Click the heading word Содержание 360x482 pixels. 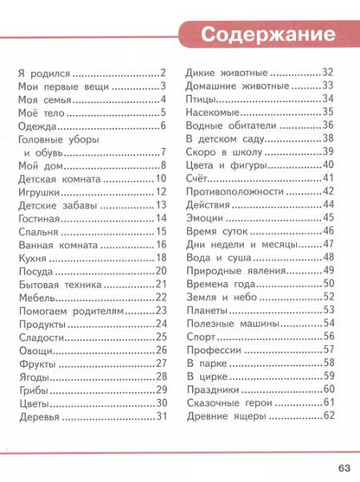267,35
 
